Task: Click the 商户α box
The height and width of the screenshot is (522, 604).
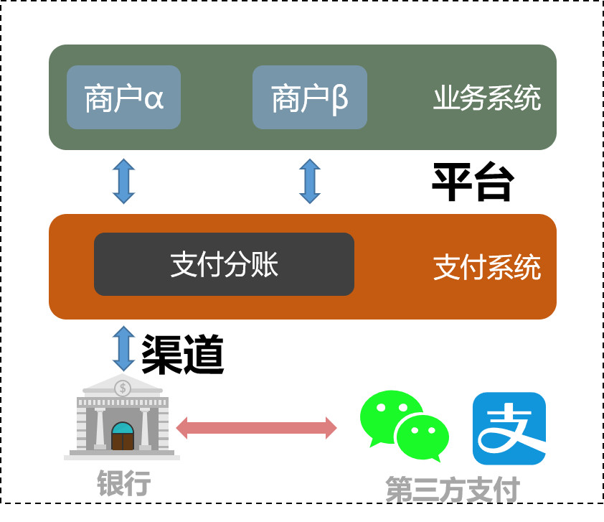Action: (x=123, y=98)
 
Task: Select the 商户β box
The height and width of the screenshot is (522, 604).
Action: (x=310, y=98)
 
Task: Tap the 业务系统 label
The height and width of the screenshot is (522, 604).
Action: (x=486, y=99)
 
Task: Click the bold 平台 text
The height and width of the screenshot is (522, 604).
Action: (x=471, y=182)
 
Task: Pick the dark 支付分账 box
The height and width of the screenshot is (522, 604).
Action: (x=224, y=264)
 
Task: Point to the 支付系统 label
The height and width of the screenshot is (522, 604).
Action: (x=487, y=269)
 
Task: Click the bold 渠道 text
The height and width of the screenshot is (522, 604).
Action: (x=183, y=354)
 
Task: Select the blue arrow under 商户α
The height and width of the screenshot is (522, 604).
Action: (x=123, y=181)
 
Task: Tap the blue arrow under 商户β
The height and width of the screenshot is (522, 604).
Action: (x=310, y=181)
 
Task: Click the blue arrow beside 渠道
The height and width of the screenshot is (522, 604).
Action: (x=123, y=348)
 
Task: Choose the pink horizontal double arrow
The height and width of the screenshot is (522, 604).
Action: (x=256, y=428)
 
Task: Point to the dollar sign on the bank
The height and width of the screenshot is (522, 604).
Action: (x=123, y=388)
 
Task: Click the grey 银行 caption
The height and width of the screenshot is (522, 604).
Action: (x=124, y=483)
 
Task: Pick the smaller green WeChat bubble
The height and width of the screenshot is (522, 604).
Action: (x=423, y=437)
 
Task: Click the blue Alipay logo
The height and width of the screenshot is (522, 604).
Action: (x=509, y=428)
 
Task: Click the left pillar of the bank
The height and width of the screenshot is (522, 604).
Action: (x=100, y=428)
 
